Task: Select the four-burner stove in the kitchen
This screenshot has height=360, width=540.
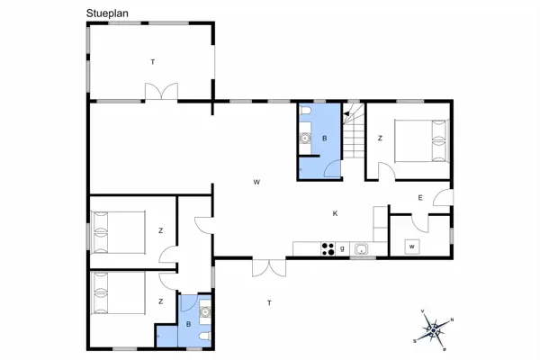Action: (328, 249)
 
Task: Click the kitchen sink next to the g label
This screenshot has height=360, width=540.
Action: (361, 248)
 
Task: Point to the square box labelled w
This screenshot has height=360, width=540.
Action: (412, 246)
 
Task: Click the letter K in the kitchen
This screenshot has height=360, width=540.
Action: (335, 213)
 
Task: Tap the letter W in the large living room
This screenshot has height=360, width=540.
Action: (256, 183)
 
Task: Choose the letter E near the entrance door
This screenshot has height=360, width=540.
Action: (419, 197)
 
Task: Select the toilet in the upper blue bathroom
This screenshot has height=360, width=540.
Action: (305, 111)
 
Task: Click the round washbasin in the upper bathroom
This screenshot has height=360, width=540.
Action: (305, 139)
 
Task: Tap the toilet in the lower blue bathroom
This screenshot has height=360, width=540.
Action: (206, 335)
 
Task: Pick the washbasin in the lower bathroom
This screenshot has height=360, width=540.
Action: (207, 312)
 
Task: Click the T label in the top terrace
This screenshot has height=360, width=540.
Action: (153, 61)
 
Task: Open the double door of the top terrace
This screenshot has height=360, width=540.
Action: (162, 93)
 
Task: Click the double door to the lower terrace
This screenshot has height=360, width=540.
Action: (265, 266)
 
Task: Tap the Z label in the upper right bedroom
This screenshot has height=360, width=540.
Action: (381, 139)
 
